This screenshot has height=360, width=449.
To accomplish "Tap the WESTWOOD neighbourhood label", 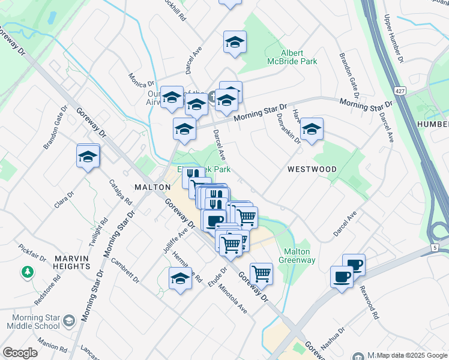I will point(312,169).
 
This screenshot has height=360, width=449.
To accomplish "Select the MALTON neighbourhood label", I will point(152,187).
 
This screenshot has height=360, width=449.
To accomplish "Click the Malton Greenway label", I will point(297,256).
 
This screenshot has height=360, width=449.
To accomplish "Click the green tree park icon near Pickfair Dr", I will point(27,273).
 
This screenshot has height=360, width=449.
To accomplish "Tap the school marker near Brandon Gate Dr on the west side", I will point(88,157).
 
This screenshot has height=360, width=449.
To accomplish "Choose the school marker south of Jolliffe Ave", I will point(180,278).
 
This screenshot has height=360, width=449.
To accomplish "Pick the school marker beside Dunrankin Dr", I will point(312,130).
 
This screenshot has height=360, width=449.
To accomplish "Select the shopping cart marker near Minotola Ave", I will point(261,274).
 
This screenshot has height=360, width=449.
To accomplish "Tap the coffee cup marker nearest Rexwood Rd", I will point(354,264).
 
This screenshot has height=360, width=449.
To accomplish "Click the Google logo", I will point(20,353).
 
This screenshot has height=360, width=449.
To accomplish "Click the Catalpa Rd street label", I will point(121,192).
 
